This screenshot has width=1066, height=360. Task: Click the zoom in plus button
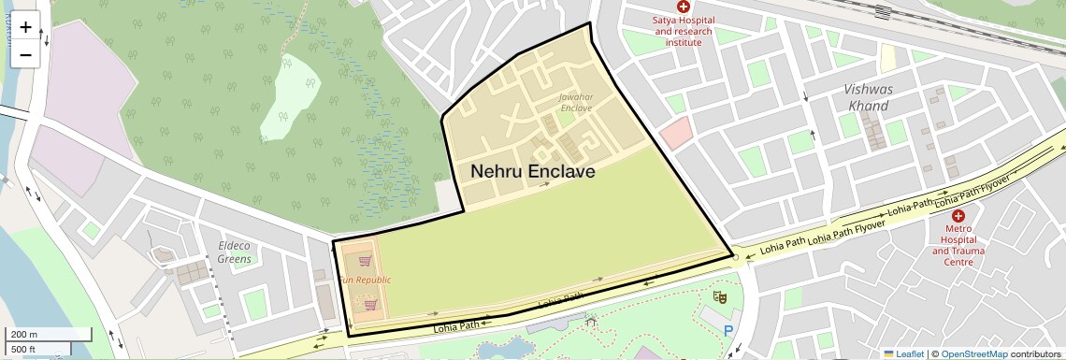point(25,27)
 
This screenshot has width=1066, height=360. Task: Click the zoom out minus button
point(25,54)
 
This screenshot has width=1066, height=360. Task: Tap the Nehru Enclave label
point(532,172)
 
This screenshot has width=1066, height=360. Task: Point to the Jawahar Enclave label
point(576,102)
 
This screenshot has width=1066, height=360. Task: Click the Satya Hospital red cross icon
point(684,7)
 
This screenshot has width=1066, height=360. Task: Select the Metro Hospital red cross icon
point(958,216)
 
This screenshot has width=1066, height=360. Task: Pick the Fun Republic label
point(365,280)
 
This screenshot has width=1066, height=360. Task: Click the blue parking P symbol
point(727,329)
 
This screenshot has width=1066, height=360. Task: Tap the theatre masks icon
point(720,296)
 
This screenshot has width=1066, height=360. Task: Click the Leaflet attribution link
point(904,353)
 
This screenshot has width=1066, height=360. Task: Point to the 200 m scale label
point(25,335)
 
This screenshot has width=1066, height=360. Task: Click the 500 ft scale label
point(24,350)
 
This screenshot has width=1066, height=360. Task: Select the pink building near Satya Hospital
point(676,134)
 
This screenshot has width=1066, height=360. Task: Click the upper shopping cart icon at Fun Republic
point(365,262)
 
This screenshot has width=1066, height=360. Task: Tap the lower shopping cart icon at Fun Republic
point(371,304)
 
